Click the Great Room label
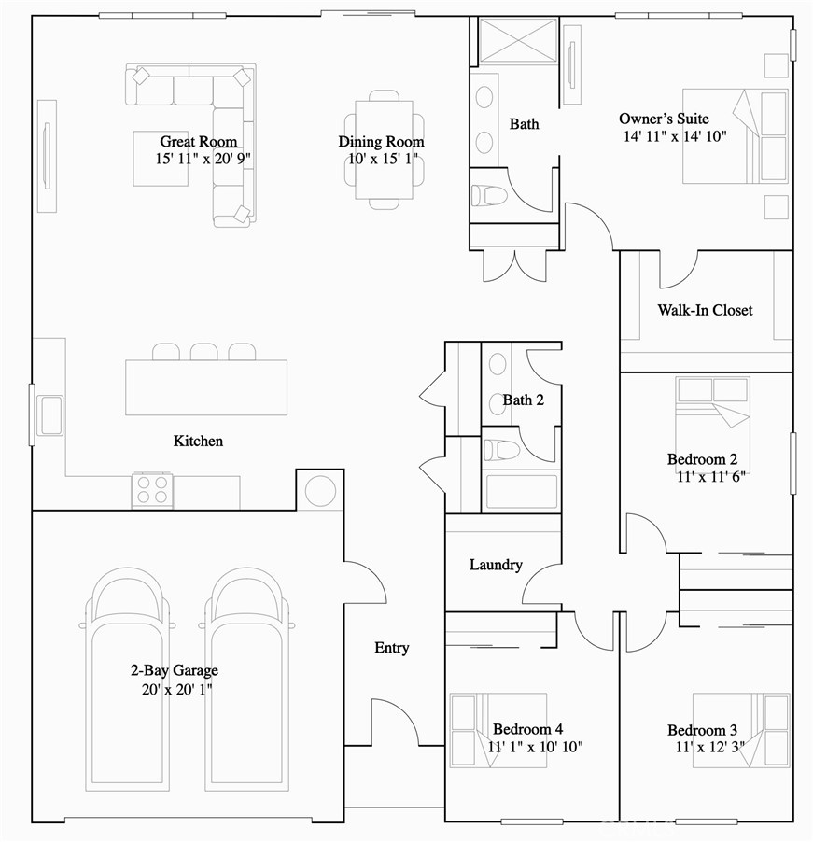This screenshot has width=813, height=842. [197, 142]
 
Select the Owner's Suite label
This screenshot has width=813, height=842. [664, 119]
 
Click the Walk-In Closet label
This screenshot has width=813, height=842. [705, 310]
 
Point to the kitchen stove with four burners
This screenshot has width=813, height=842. [153, 489]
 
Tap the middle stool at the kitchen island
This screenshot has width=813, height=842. [203, 352]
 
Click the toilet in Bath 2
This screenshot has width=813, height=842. [501, 450]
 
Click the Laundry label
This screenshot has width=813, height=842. [495, 565]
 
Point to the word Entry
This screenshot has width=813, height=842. [391, 647]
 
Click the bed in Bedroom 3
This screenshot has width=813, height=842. [741, 730]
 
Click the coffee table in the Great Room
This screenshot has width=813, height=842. [160, 160]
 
